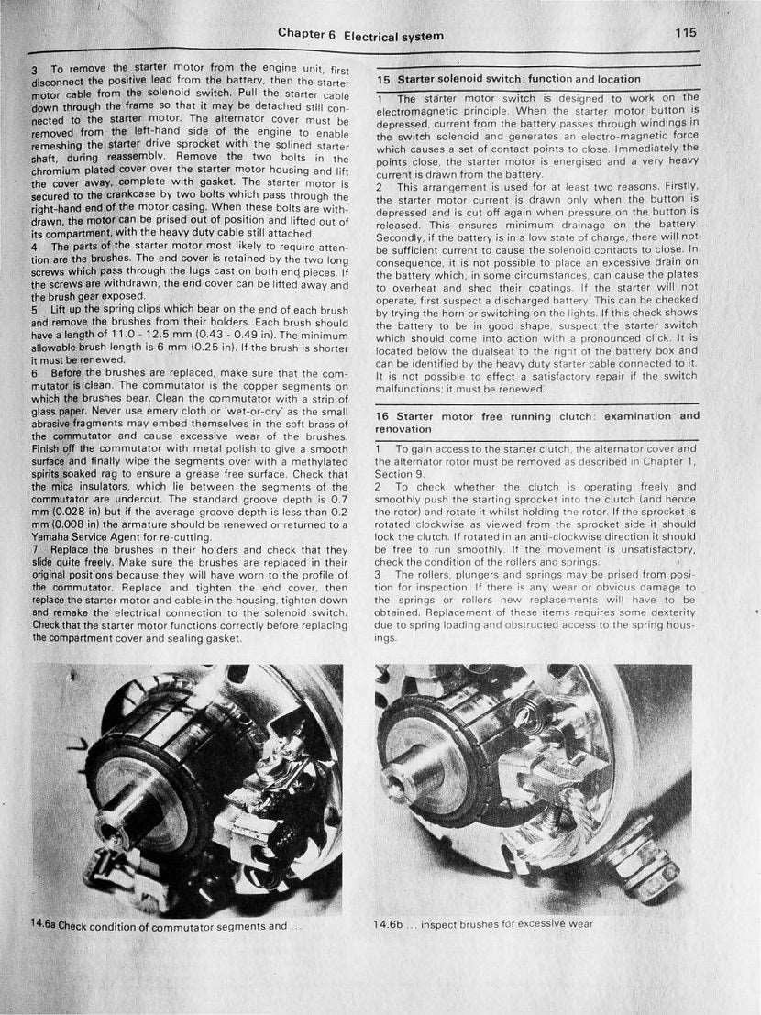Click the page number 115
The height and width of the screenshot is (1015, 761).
pyautogui.click(x=686, y=32)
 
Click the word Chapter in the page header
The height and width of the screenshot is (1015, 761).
pyautogui.click(x=300, y=35)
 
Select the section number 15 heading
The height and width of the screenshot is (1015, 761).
pyautogui.click(x=384, y=80)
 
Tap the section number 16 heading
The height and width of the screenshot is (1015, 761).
pyautogui.click(x=383, y=416)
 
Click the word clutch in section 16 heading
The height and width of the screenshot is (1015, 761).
pyautogui.click(x=562, y=416)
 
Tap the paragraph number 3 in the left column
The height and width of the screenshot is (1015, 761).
pyautogui.click(x=34, y=70)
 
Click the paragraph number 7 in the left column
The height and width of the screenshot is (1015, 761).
pyautogui.click(x=34, y=546)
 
